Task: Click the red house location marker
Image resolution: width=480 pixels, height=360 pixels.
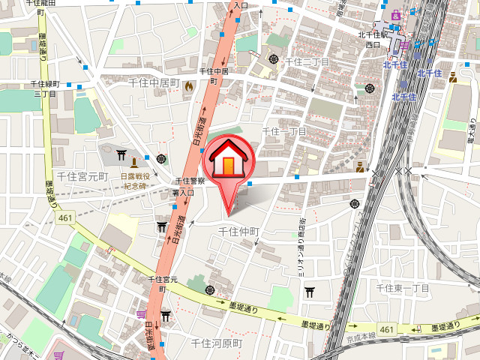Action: pyautogui.click(x=230, y=161)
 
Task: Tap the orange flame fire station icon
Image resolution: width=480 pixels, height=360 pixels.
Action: pyautogui.click(x=188, y=88)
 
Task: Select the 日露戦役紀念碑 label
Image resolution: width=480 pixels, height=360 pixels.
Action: pyautogui.click(x=136, y=181)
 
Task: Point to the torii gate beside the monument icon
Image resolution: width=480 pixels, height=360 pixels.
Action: pyautogui.click(x=121, y=154)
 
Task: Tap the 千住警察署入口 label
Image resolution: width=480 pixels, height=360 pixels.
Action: pyautogui.click(x=185, y=186)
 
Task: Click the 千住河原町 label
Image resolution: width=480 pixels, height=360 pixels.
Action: pyautogui.click(x=217, y=343)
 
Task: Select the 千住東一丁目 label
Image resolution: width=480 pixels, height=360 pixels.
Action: pyautogui.click(x=402, y=288)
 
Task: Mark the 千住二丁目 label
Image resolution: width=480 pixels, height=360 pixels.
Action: pyautogui.click(x=305, y=61)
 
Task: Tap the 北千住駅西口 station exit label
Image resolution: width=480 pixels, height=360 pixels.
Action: pyautogui.click(x=373, y=39)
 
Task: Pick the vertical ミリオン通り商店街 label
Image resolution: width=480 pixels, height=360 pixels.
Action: pyautogui.click(x=301, y=247)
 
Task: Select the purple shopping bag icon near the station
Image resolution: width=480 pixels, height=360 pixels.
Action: pyautogui.click(x=403, y=45)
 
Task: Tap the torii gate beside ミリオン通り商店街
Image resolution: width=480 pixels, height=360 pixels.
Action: pyautogui.click(x=308, y=292)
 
